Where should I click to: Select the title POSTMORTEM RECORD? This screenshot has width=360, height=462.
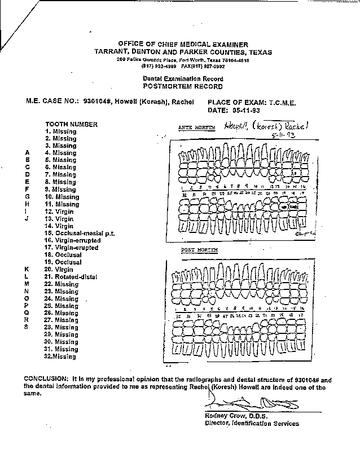(x=182, y=87)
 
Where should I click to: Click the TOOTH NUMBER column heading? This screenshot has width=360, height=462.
(x=71, y=124)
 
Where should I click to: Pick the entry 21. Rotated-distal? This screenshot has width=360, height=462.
(x=71, y=277)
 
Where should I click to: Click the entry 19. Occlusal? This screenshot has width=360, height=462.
(x=64, y=262)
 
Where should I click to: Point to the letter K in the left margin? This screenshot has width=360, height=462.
(x=27, y=270)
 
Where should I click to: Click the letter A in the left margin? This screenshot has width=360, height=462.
(x=27, y=153)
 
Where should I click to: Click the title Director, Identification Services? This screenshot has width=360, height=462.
(x=252, y=424)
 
